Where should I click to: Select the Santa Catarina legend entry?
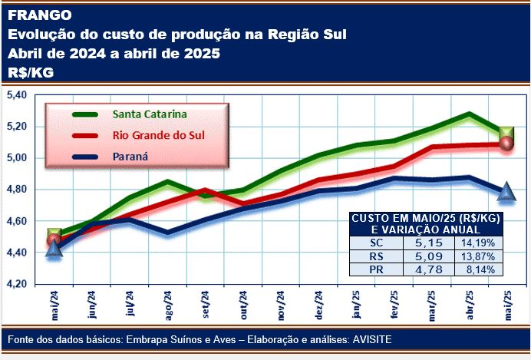pos(150,114)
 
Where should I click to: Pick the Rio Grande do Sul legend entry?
pos(158,136)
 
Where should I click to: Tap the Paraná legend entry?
pos(130,157)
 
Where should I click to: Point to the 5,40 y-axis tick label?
pos(16,94)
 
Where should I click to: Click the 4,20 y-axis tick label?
pos(16,284)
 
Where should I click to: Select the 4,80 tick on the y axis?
pos(16,190)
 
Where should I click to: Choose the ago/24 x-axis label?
pos(167,304)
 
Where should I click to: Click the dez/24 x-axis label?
pos(318,304)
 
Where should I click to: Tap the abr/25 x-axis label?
pos(469,304)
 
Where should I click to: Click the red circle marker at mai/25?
pos(506,144)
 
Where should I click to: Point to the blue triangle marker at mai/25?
pos(506,190)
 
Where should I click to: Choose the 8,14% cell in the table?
pos(477,269)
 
